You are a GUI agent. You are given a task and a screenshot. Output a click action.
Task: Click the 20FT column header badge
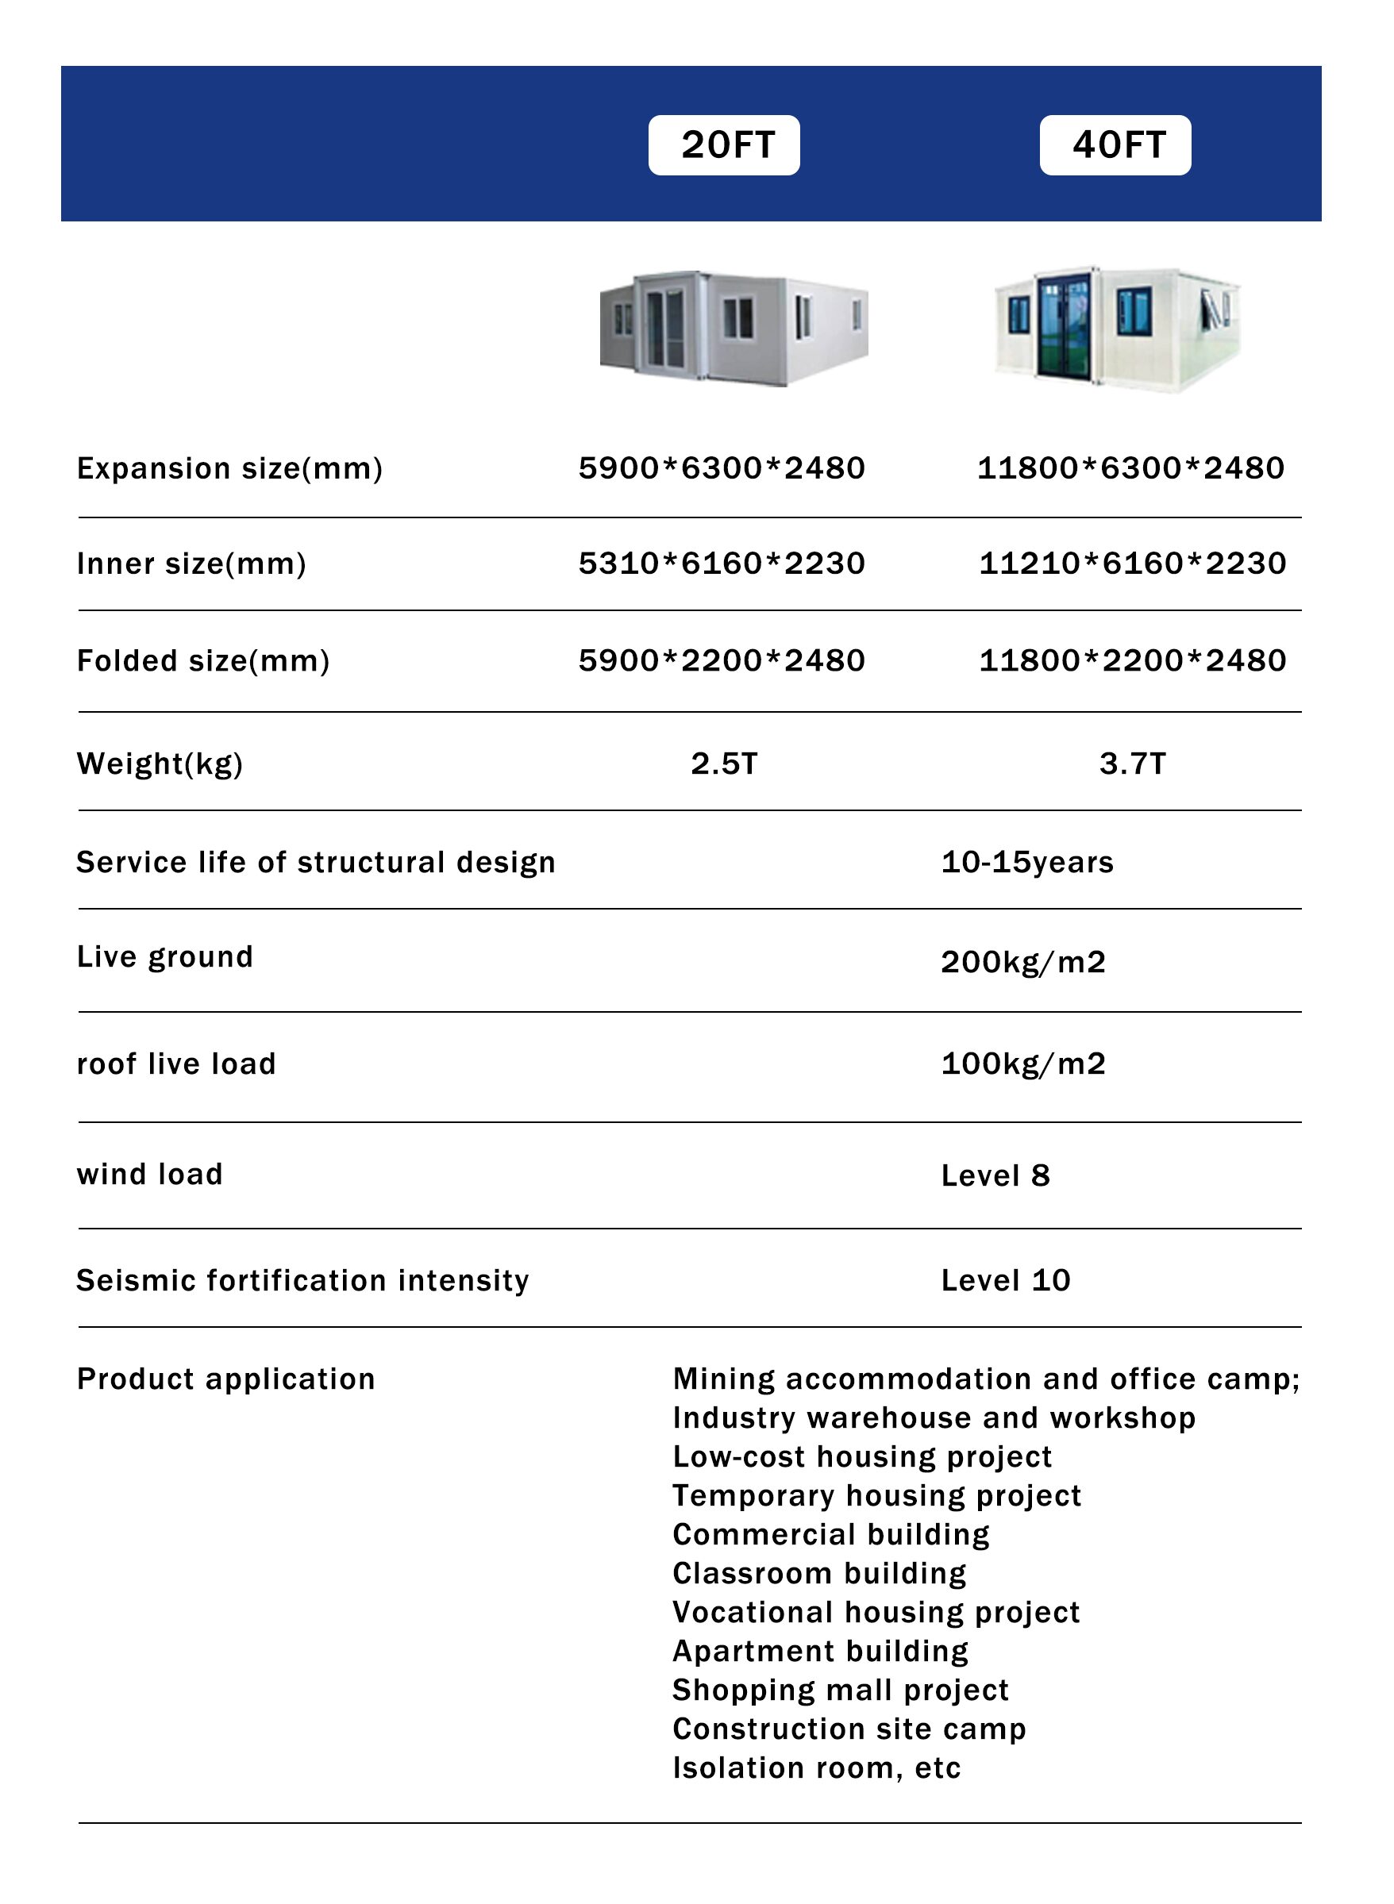pos(723,145)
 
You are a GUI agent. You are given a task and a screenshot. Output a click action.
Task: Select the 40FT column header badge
pos(1115,145)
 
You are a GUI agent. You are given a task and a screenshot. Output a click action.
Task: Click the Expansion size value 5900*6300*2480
pos(722,468)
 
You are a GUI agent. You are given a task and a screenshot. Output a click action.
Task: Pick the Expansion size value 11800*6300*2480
pos(1130,468)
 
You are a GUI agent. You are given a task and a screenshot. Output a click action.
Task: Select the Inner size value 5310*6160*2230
pos(722,564)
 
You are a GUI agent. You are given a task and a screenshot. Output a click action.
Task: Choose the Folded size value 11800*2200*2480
pos(1131,660)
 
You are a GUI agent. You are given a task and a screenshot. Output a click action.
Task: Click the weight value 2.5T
pos(724,764)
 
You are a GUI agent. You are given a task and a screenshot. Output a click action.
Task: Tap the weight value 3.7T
pos(1132,764)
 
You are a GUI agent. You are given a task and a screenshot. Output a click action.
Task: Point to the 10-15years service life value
pos(1027,862)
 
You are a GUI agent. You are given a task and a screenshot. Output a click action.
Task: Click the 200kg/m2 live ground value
pos(1022,962)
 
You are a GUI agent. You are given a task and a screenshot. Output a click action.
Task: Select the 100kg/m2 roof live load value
pos(1022,1064)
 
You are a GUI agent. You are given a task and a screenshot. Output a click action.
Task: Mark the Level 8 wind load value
pos(995,1175)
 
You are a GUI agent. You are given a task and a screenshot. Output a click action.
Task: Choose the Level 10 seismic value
pos(1005,1281)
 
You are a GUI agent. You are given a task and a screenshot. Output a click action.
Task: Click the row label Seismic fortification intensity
pos(302,1281)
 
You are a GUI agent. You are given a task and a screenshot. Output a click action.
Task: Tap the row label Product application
pos(225,1379)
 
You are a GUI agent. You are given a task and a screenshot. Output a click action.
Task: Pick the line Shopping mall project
pos(841,1691)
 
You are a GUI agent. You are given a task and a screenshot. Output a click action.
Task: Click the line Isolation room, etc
pos(816,1768)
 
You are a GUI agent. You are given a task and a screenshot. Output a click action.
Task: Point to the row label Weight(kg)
pos(160,764)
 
